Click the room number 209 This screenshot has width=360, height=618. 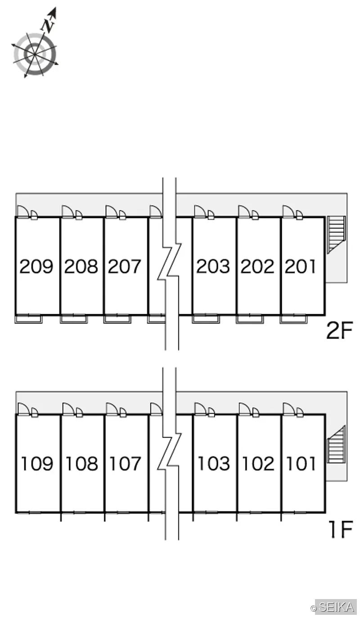36,266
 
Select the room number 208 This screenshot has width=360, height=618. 81,266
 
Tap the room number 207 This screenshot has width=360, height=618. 125,266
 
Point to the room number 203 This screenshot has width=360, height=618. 213,266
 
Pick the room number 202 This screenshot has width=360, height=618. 257,266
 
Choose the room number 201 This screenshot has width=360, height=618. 301,266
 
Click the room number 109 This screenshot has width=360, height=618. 37,464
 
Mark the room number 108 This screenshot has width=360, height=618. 82,464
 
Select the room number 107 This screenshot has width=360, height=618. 126,464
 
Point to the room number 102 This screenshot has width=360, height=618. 258,464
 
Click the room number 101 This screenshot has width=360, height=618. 301,464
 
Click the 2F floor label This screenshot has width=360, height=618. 340,331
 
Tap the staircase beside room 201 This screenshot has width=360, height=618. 336,235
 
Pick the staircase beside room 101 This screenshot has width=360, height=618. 336,444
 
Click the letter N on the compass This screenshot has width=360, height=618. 49,25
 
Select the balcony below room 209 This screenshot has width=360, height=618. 29,319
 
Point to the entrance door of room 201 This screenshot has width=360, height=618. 288,212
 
